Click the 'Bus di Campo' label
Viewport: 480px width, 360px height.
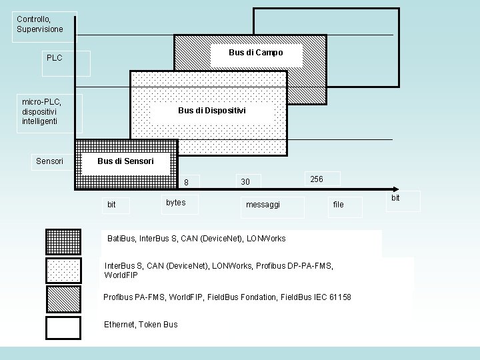pyautogui.click(x=256, y=53)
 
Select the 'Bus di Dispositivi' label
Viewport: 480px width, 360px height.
pyautogui.click(x=212, y=111)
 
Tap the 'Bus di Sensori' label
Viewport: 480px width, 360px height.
pyautogui.click(x=125, y=161)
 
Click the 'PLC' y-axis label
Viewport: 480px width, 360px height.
pyautogui.click(x=55, y=58)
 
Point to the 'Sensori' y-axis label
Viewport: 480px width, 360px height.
pyautogui.click(x=49, y=161)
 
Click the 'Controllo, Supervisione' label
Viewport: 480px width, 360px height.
pyautogui.click(x=40, y=24)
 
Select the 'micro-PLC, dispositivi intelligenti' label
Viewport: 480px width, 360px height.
pyautogui.click(x=41, y=111)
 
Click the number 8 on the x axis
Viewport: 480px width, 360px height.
pyautogui.click(x=186, y=183)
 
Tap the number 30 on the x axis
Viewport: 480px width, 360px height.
pyautogui.click(x=245, y=182)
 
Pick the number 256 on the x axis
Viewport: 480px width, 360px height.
pyautogui.click(x=317, y=179)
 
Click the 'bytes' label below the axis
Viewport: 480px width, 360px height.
pyautogui.click(x=176, y=203)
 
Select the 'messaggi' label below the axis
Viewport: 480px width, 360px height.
pyautogui.click(x=263, y=205)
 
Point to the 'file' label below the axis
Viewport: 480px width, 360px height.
pyautogui.click(x=338, y=205)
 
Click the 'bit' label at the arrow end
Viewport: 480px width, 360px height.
pyautogui.click(x=395, y=198)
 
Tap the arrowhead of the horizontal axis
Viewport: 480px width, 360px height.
pyautogui.click(x=396, y=189)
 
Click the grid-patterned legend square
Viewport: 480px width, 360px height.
pyautogui.click(x=63, y=242)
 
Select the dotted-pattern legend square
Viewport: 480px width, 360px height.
pyautogui.click(x=64, y=271)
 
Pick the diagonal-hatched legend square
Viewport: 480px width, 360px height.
pyautogui.click(x=64, y=299)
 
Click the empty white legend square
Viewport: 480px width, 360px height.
pyautogui.click(x=63, y=328)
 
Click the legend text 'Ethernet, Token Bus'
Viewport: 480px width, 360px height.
pyautogui.click(x=141, y=325)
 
